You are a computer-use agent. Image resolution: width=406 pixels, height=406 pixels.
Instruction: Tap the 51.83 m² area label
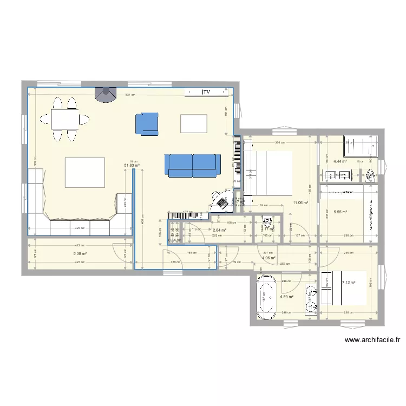[132, 166]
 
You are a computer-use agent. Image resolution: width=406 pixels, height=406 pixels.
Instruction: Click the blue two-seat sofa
[193, 165]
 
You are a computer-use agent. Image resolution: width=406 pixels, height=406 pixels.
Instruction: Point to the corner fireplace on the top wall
[105, 94]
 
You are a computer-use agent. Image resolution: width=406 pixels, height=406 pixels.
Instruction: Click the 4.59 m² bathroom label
[286, 297]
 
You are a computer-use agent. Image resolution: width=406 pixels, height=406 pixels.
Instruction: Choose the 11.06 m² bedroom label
[300, 203]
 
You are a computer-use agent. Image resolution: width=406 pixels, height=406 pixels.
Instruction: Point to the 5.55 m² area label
[340, 212]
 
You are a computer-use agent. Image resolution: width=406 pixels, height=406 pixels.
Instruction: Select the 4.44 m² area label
[340, 161]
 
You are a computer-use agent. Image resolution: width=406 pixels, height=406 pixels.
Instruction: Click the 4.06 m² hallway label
[269, 258]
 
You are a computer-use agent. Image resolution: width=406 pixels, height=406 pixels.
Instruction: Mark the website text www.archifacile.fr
[372, 340]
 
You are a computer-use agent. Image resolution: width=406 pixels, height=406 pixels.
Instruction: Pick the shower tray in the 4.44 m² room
[357, 146]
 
